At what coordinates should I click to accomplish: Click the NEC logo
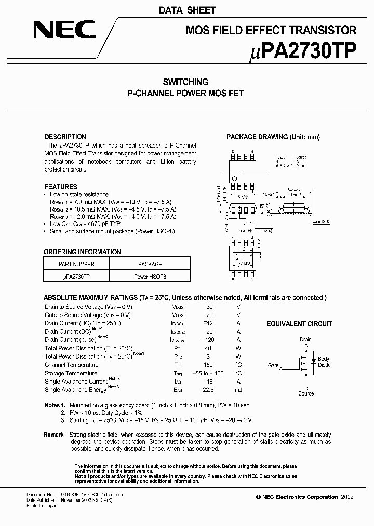(64, 30)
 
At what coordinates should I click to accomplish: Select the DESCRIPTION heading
(65, 137)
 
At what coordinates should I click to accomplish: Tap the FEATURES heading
(61, 186)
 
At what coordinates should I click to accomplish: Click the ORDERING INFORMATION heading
(82, 252)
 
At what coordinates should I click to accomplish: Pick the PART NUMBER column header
(76, 264)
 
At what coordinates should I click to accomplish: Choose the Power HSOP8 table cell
(150, 277)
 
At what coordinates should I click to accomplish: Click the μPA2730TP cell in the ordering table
(76, 277)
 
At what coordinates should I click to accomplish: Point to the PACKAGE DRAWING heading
(273, 137)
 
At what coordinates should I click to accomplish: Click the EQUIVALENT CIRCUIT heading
(299, 324)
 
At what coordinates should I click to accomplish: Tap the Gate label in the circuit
(273, 365)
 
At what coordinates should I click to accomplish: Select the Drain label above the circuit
(305, 339)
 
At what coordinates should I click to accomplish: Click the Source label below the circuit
(306, 393)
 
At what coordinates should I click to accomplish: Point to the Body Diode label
(324, 362)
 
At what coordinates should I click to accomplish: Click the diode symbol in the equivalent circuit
(313, 361)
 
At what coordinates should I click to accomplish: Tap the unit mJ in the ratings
(238, 390)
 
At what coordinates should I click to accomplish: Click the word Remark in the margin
(54, 435)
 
